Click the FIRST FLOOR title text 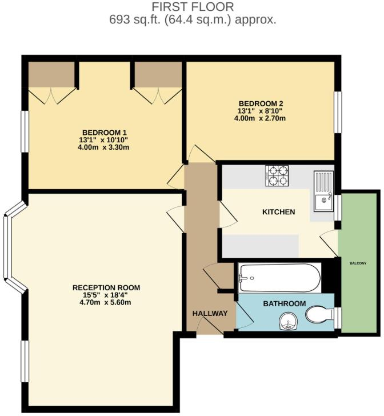[x=193, y=7]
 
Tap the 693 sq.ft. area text [x=193, y=19]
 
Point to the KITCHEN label [x=278, y=212]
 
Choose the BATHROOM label [x=284, y=303]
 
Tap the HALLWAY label [x=210, y=313]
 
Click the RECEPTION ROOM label [x=106, y=287]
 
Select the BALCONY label [x=358, y=263]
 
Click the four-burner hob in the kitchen [x=277, y=175]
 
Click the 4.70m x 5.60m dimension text [x=106, y=302]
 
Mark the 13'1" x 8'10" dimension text [x=261, y=111]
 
